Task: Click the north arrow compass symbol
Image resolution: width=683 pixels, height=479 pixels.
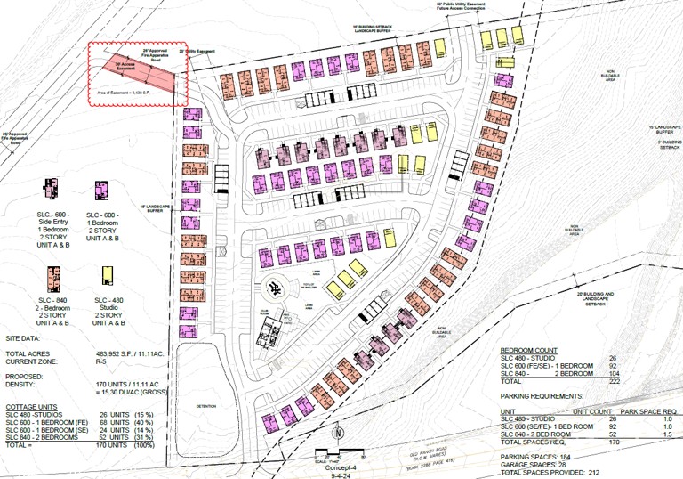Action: tap(339, 434)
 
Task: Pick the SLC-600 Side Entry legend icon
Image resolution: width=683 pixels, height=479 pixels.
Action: tap(46, 191)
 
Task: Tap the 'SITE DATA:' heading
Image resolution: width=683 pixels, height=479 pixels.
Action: tap(24, 339)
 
